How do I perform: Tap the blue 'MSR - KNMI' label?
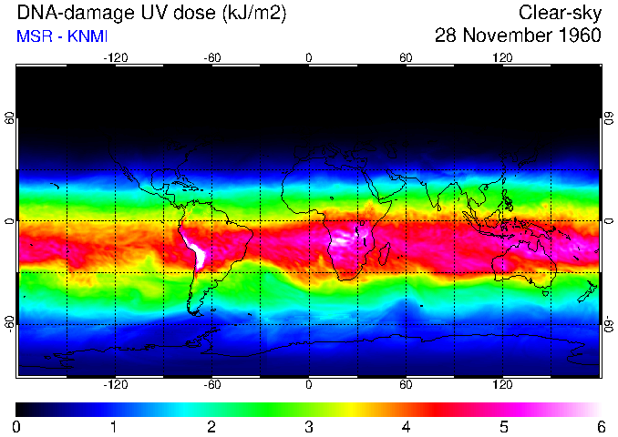point(63,37)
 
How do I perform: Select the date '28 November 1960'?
point(518,36)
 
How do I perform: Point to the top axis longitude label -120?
point(115,57)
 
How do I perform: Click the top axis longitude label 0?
point(309,57)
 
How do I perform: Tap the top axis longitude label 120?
point(503,57)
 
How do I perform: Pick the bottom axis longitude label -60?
point(211,385)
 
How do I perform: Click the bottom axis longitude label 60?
point(406,385)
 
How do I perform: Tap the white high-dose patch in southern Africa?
point(347,241)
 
